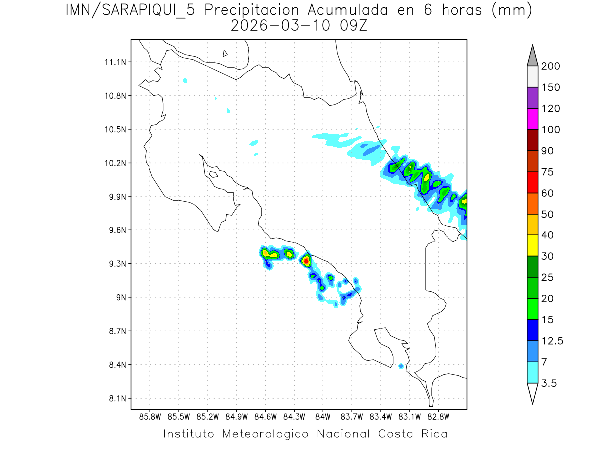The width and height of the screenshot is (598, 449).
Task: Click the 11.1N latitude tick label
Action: [115, 62]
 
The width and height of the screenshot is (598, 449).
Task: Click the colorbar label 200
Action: [551, 66]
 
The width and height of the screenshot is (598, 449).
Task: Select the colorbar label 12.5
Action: [552, 341]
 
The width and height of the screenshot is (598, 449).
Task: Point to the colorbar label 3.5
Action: [549, 383]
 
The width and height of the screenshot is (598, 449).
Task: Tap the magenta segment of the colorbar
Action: [532, 119]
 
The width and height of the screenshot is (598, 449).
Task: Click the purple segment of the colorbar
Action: [532, 98]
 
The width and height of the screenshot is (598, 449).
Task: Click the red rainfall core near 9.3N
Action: [306, 260]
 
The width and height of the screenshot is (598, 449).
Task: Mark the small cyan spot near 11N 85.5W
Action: [185, 80]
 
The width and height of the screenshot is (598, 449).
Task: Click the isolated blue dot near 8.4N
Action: [401, 366]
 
